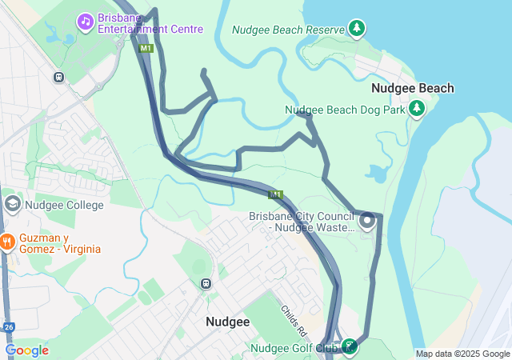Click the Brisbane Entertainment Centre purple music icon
click(85, 21)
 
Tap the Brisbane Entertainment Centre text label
click(150, 24)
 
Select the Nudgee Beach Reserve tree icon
click(358, 29)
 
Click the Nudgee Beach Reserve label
click(287, 30)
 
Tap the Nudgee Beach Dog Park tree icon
click(416, 108)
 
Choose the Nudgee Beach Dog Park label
click(345, 110)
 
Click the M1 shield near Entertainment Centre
click(146, 49)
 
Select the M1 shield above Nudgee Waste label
click(275, 194)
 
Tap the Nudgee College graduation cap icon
click(12, 204)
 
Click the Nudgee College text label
click(64, 205)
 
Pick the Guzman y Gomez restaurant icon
click(7, 242)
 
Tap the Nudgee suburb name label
click(227, 322)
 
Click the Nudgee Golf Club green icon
click(350, 346)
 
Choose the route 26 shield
click(7, 327)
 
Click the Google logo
click(26, 350)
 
